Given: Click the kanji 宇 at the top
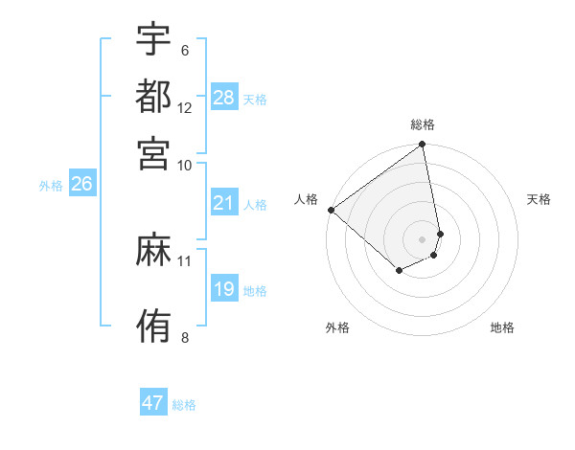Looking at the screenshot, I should [154, 40].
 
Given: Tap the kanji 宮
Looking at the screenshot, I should [154, 152].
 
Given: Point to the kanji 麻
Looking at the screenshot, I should [154, 250].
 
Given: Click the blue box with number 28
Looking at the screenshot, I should [224, 99].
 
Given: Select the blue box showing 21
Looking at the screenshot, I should [224, 203].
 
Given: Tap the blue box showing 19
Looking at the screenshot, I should [224, 289].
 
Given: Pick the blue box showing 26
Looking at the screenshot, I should [81, 185].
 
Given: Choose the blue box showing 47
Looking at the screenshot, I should [153, 403].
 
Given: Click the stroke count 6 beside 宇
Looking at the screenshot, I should [185, 51].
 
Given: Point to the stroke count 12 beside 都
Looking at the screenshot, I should [185, 108].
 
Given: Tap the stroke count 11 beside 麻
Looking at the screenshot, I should [185, 260].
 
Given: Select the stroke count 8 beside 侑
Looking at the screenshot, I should [185, 337].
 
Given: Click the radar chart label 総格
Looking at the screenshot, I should [423, 124].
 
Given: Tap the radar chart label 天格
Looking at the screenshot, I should [540, 199].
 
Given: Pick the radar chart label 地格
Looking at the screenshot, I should [502, 327].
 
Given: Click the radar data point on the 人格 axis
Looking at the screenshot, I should [331, 210].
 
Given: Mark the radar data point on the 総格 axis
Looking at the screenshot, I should [423, 146].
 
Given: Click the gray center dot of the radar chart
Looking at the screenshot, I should [423, 238].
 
